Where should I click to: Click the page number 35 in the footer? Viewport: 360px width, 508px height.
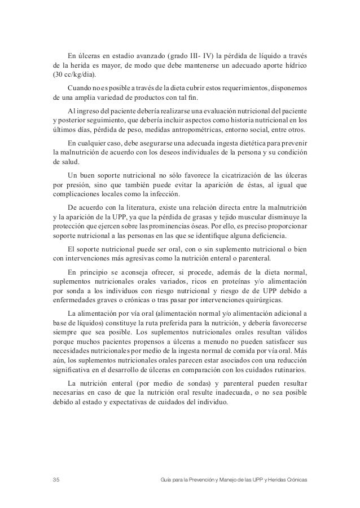(55, 479)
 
